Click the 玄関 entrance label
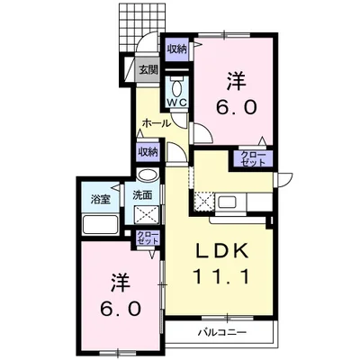(148, 70)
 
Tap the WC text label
(177, 102)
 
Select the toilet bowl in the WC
(177, 88)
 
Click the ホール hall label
(157, 123)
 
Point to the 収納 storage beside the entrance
(177, 49)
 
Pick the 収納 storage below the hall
(148, 152)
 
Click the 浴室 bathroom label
(101, 199)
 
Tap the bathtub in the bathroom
(101, 224)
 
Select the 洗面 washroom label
(142, 195)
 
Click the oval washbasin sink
(148, 175)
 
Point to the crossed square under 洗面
(147, 214)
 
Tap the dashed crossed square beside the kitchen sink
(204, 202)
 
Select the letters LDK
(222, 250)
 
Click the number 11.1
(221, 276)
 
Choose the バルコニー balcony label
(222, 332)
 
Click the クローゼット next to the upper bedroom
(254, 158)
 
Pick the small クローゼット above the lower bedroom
(148, 238)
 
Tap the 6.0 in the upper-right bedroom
(237, 106)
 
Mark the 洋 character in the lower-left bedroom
(121, 283)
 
